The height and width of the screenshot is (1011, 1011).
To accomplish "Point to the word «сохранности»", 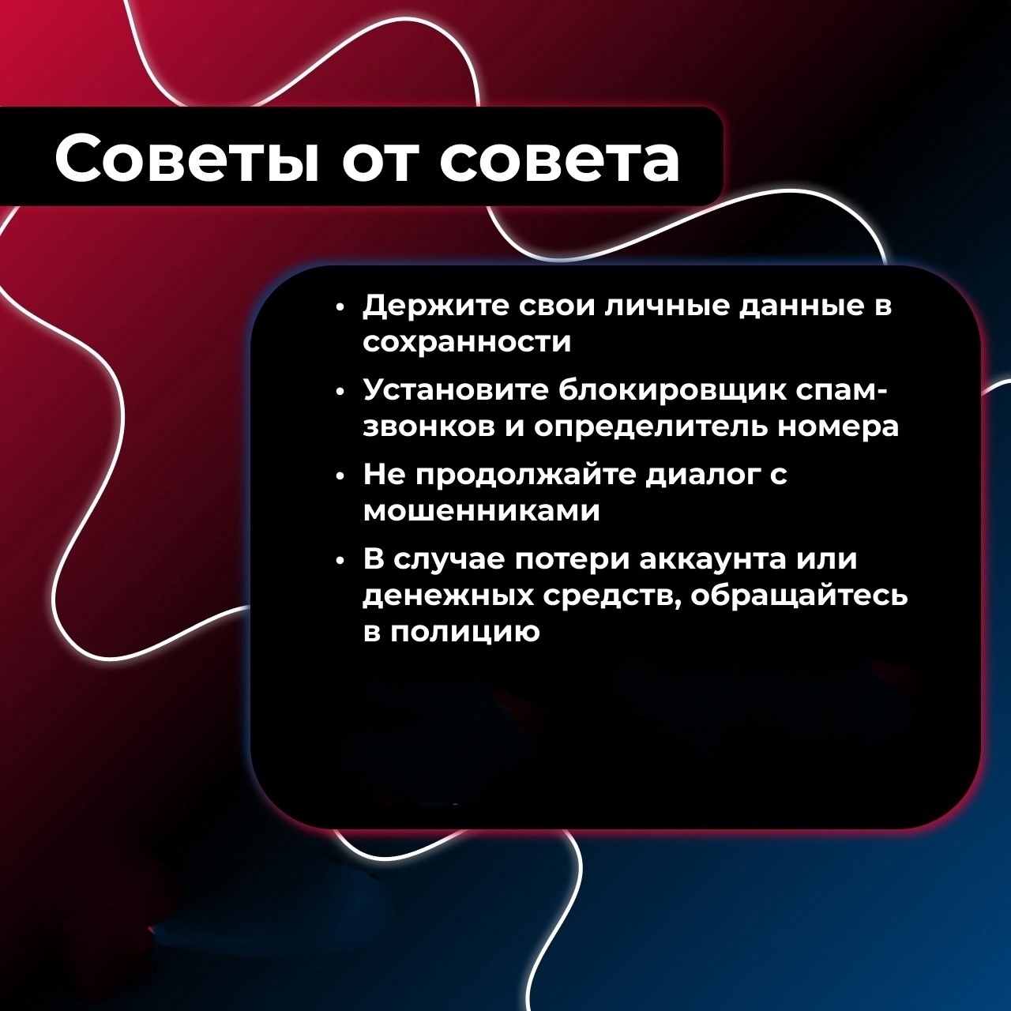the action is click(x=467, y=343).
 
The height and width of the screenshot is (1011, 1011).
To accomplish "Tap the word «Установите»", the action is click(x=455, y=390).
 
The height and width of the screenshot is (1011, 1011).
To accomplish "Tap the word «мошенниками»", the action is click(x=481, y=512).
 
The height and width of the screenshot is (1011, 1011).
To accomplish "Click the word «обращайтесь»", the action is click(x=799, y=596).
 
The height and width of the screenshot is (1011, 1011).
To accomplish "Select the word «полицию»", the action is click(x=465, y=633).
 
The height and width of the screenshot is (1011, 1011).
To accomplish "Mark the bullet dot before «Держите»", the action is click(x=341, y=309).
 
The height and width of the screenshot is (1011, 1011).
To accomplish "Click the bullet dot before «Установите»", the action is click(x=341, y=393).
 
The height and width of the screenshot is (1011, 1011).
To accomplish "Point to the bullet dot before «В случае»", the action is click(x=341, y=562).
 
